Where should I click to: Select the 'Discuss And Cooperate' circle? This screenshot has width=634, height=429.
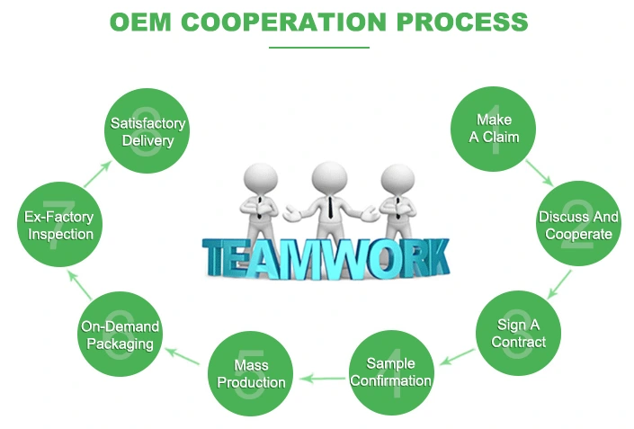coord(578,226)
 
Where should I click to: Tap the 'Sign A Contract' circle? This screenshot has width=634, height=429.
coord(519,333)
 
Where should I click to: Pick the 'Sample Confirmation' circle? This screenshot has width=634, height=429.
coord(390,371)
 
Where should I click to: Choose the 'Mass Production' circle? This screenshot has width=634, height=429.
coord(251,373)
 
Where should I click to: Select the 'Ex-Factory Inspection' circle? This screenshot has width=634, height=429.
coord(58,226)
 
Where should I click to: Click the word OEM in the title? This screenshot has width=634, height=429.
coord(140,22)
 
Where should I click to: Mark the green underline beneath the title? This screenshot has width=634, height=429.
coord(318,48)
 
